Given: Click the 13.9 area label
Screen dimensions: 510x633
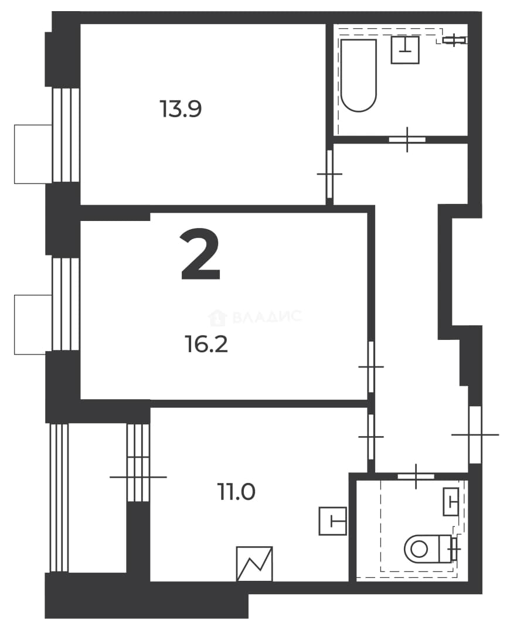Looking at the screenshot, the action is click(x=181, y=109).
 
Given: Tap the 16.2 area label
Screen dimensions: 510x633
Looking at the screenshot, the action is click(x=207, y=345).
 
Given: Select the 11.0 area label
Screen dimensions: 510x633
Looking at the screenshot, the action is click(x=237, y=492).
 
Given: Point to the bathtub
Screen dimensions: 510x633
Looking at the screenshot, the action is click(x=359, y=75).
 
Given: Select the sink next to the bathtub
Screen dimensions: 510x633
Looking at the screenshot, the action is click(x=404, y=50).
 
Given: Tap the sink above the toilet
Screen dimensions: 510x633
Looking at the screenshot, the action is click(x=451, y=502).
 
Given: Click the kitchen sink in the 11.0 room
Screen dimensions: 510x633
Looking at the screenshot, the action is click(x=333, y=521).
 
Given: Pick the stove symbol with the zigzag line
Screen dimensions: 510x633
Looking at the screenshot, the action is click(x=254, y=564).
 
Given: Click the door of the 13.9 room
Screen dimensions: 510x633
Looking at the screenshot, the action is click(x=329, y=174).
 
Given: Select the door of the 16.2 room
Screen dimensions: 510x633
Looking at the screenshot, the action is click(x=371, y=366).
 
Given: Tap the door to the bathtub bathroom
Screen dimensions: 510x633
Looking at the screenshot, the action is click(x=407, y=139).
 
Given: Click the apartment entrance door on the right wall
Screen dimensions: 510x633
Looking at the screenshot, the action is click(x=475, y=435).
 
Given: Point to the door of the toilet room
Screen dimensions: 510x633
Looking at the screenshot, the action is click(x=416, y=476).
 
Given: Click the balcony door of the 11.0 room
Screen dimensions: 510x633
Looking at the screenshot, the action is click(x=138, y=477).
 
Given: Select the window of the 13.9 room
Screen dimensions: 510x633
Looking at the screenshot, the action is click(x=66, y=135).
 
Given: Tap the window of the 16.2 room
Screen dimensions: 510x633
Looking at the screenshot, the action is click(x=66, y=304).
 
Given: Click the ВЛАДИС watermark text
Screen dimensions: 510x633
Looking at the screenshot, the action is click(x=267, y=316).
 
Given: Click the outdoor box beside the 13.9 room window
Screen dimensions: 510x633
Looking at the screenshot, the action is click(x=33, y=154).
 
